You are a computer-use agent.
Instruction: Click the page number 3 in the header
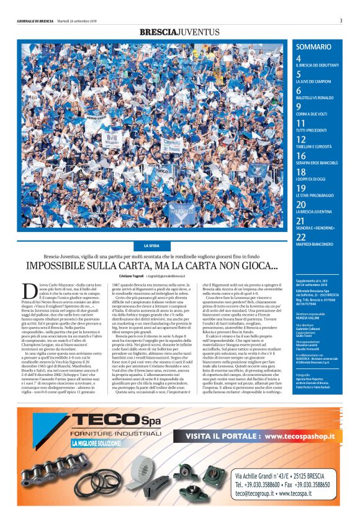(341, 20)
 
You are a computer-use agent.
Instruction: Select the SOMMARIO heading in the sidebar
(313, 47)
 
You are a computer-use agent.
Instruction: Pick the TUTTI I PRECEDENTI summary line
(314, 130)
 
